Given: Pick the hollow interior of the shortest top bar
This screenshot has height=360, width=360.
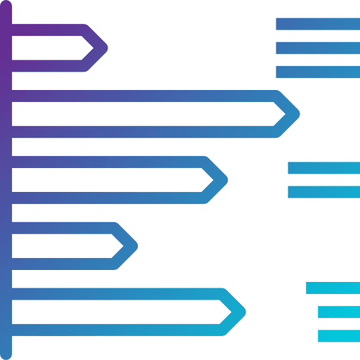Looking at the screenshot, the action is click(x=49, y=48).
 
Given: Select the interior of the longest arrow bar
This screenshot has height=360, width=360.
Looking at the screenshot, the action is click(x=141, y=114).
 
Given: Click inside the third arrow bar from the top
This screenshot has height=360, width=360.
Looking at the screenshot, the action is click(x=105, y=180).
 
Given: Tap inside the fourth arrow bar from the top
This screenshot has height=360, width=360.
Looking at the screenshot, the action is click(x=63, y=246).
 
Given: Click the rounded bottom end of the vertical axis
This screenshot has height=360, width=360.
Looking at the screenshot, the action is click(x=6, y=353).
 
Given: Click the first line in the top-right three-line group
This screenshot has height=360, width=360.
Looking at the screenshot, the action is click(x=317, y=24).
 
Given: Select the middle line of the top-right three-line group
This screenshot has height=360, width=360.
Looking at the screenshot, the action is click(x=317, y=48).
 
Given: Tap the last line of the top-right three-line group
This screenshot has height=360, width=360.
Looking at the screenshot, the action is click(x=317, y=72).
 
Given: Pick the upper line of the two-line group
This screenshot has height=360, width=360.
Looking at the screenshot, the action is click(x=323, y=168).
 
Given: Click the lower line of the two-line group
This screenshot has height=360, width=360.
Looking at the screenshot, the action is click(x=323, y=192).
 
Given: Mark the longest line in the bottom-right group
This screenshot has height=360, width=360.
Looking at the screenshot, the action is click(x=333, y=288).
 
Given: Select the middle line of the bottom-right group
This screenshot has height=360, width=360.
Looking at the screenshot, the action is click(x=338, y=311).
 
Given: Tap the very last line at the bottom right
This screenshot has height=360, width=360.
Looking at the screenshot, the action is click(x=338, y=336).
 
